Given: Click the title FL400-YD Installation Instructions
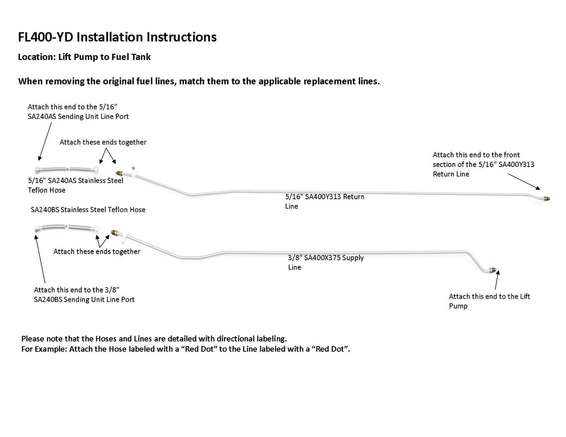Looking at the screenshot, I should (117, 37).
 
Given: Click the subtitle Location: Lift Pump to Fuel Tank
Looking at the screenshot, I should (84, 57).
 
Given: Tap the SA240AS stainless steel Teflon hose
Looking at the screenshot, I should (66, 170).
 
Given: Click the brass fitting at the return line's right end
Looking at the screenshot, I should (546, 199).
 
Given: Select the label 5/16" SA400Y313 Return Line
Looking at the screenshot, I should (325, 201).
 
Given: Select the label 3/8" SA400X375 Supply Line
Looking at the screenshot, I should (325, 262).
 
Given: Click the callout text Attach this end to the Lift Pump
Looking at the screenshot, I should (489, 301).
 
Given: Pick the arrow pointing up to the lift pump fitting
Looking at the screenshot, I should (497, 281).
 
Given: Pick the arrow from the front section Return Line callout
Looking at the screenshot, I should (524, 181).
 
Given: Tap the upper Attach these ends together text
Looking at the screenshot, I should (103, 142).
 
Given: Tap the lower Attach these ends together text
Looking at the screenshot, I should (97, 251).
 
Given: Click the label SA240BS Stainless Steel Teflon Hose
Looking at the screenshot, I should (88, 209).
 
